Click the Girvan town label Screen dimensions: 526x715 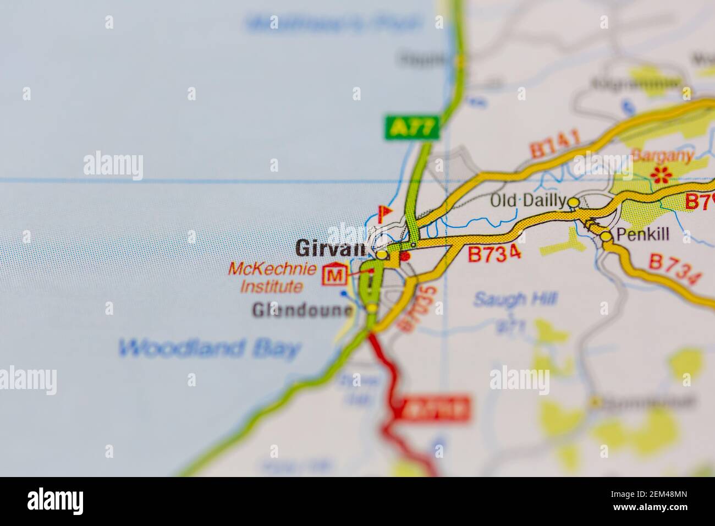331,248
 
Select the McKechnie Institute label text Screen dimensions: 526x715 272,278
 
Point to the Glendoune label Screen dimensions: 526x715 301,311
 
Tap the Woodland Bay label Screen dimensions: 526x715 210,348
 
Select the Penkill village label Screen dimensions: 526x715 642,235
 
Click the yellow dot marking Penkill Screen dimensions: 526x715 606,237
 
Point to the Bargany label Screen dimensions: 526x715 662,156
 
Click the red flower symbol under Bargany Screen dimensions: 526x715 659,174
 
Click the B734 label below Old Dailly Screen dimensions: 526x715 494,254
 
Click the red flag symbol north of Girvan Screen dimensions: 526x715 383,212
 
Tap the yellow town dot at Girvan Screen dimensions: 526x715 381,255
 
